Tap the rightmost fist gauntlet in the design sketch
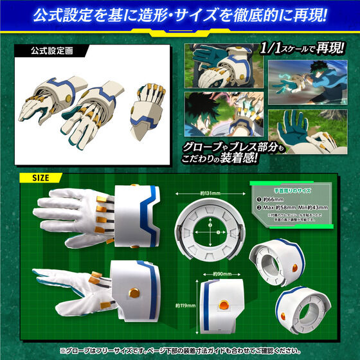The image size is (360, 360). pyautogui.click(x=147, y=106)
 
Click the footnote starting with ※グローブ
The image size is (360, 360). pyautogui.click(x=180, y=352)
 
